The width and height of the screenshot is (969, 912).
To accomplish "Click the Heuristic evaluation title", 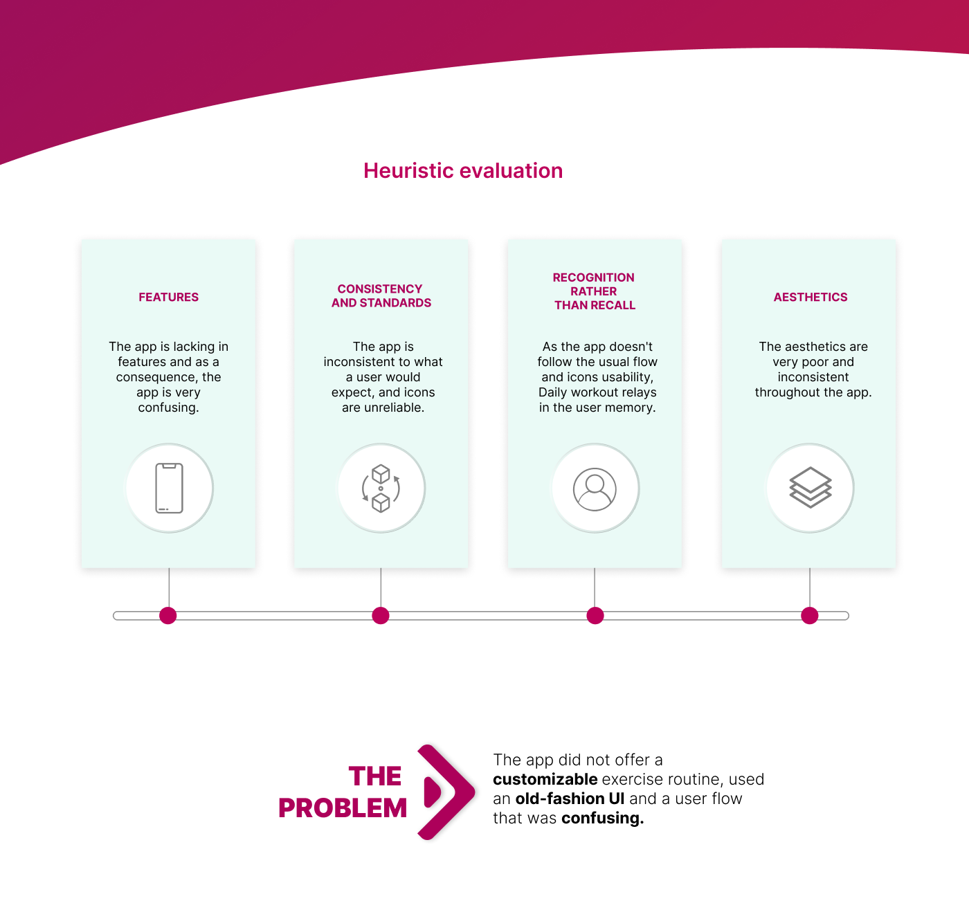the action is (x=463, y=171).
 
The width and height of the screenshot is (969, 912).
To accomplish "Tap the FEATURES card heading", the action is (x=168, y=297).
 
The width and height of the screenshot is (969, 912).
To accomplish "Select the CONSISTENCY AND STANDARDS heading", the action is (x=381, y=295).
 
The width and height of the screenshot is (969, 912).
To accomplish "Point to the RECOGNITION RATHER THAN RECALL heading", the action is (x=595, y=291).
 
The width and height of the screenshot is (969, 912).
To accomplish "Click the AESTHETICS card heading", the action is (x=810, y=297).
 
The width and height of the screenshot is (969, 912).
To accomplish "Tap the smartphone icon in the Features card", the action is (x=169, y=488).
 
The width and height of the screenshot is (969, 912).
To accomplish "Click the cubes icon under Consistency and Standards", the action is (x=381, y=488).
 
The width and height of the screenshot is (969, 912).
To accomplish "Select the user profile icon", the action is (x=595, y=489).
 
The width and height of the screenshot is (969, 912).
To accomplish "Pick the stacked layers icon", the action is (x=810, y=488).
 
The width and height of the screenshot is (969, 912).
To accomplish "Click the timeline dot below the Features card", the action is (x=168, y=615).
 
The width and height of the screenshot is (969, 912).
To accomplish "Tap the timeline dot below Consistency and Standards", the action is (x=381, y=615).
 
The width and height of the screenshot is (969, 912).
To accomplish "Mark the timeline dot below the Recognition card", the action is (x=595, y=615).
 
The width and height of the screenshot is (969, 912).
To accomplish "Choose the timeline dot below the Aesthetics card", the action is (x=810, y=615).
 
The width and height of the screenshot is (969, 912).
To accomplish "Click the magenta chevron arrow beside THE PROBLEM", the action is (x=446, y=792).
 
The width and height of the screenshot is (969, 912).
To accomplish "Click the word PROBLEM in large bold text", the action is (x=343, y=808).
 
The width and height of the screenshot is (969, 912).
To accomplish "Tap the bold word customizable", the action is (x=545, y=779).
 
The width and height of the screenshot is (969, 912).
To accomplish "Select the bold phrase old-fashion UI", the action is (x=570, y=799).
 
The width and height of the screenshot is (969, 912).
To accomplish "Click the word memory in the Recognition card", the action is (x=633, y=408).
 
